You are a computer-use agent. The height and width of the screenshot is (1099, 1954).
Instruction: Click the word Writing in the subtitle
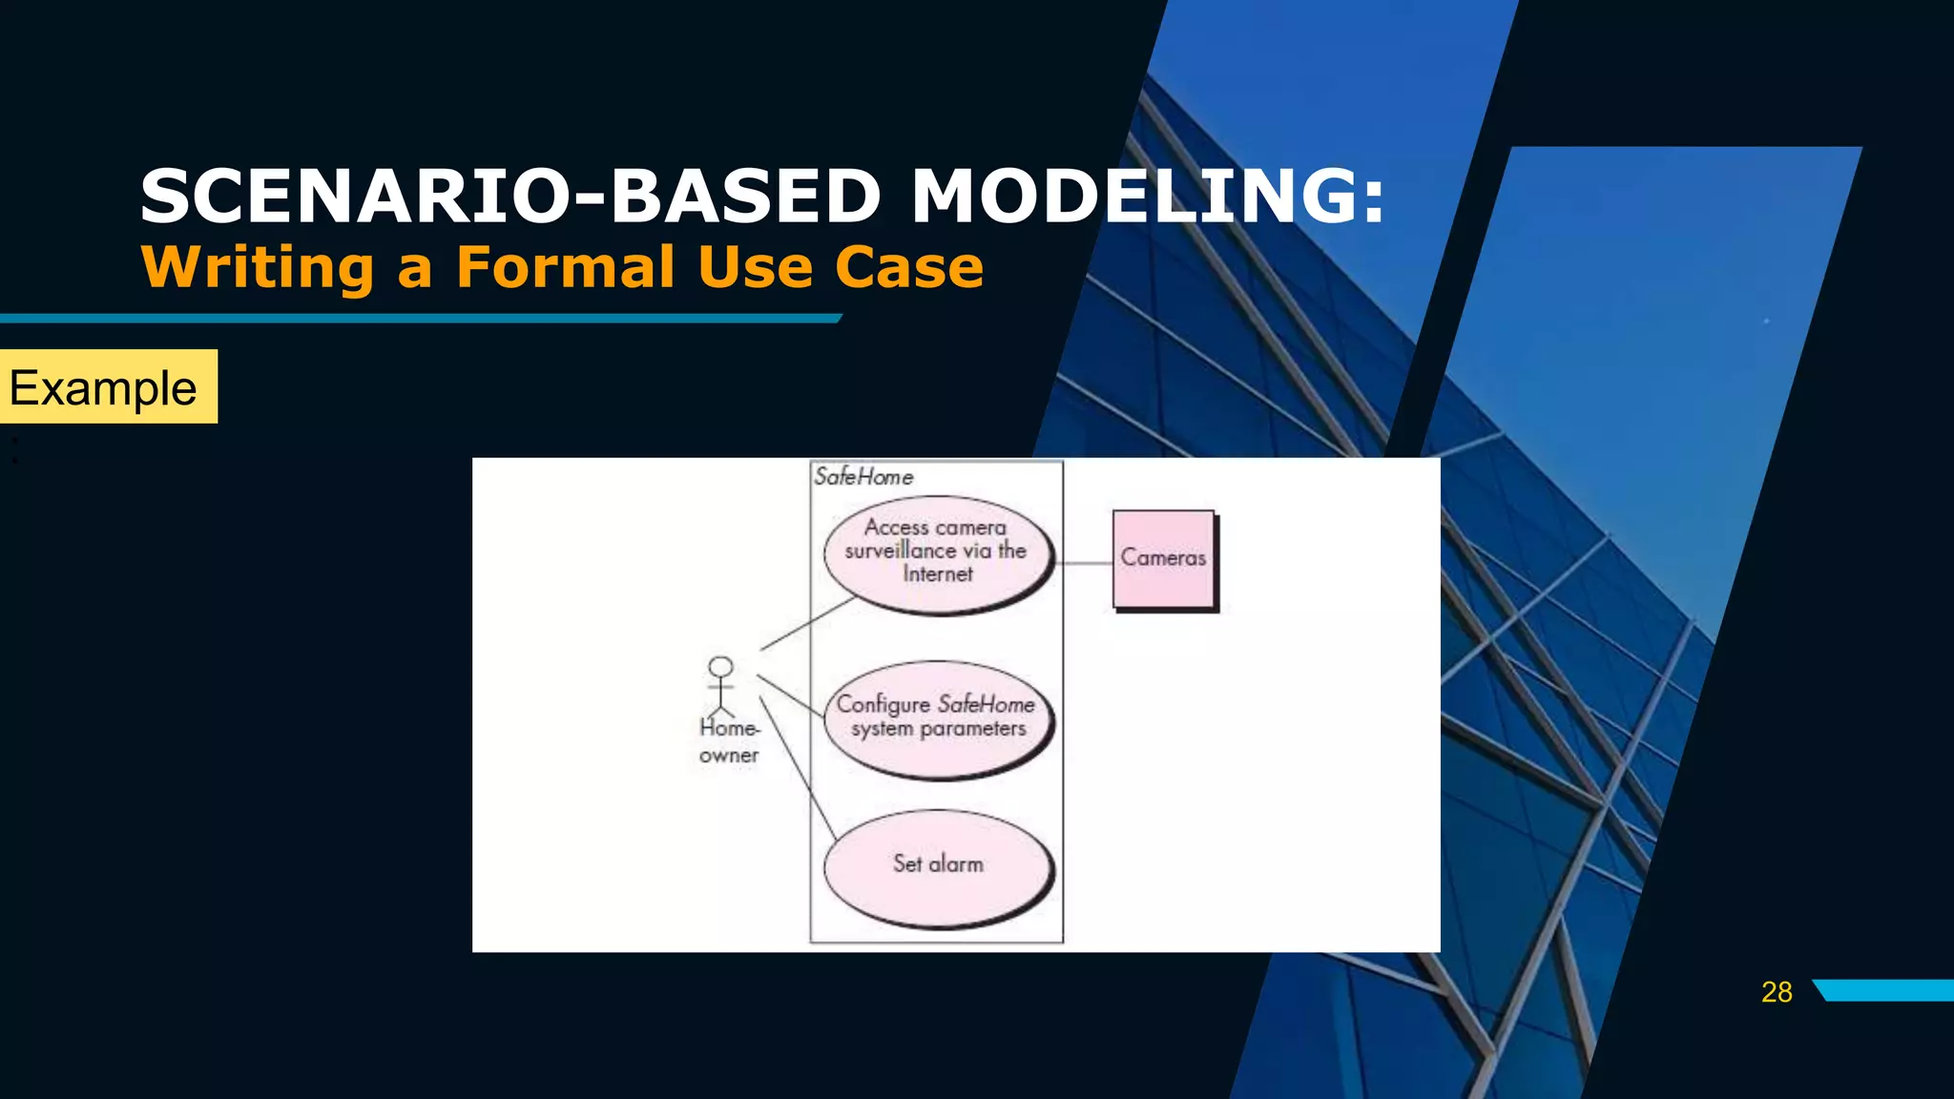258,267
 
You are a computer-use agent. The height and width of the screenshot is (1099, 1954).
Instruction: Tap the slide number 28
1777,992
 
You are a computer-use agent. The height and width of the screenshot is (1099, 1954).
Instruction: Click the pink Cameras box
1163,559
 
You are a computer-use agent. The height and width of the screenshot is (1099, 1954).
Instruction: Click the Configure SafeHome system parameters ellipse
938,718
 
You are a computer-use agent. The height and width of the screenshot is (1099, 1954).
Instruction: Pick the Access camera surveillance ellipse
938,553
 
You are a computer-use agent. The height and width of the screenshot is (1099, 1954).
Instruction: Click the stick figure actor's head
721,667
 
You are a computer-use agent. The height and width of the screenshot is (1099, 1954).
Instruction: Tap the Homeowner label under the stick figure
729,741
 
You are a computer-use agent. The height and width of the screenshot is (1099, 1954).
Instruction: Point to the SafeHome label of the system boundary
863,477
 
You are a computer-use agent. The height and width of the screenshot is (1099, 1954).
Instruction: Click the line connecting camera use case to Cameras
1085,563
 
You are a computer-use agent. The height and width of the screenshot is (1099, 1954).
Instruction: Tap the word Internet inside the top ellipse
938,574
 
